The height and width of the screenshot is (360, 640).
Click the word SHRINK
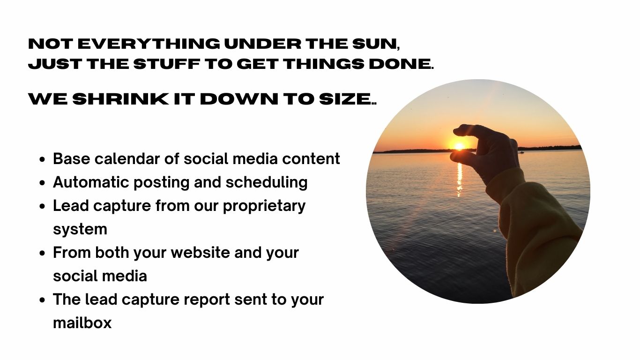point(120,98)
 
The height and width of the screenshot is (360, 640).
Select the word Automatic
point(91,182)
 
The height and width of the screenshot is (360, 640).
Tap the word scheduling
point(267,183)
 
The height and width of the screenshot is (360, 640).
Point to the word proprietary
point(264,206)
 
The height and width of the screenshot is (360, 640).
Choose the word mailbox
point(82,323)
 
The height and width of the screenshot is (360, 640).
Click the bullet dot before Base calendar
point(42,159)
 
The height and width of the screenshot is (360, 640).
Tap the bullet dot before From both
point(42,253)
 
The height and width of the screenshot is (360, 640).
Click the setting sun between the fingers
point(459,146)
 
